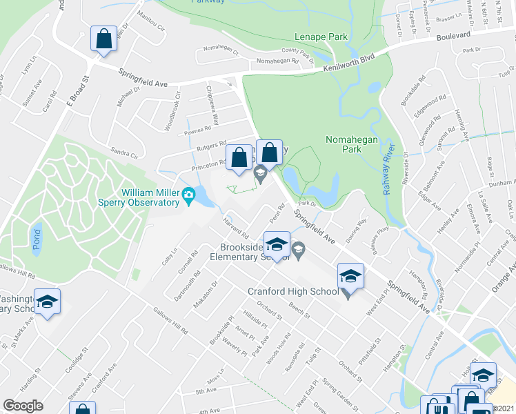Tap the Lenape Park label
(321, 37)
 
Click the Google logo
(23, 406)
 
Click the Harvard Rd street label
(235, 228)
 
